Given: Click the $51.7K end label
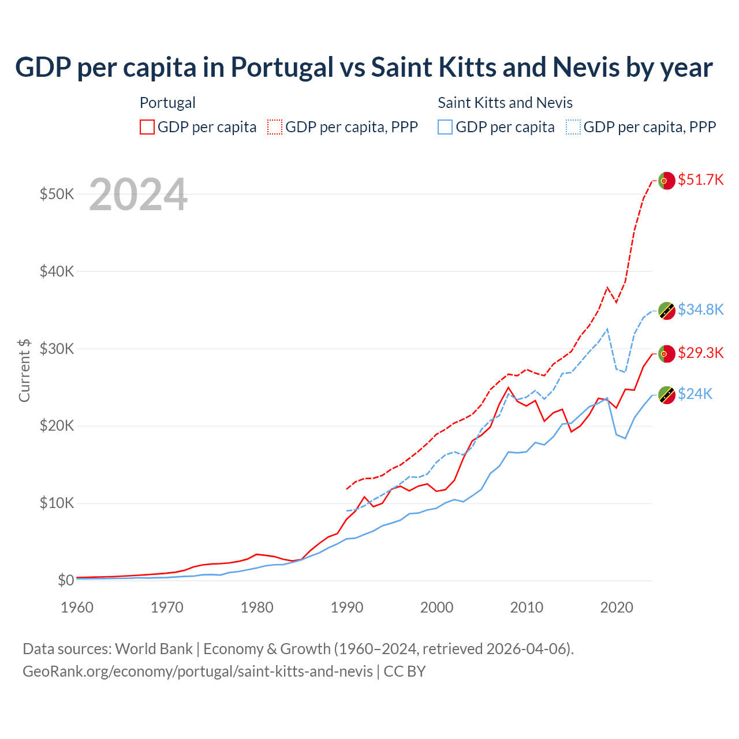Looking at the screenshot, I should pyautogui.click(x=700, y=180).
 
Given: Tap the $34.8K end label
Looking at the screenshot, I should pyautogui.click(x=700, y=309).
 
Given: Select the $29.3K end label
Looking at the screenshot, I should pyautogui.click(x=700, y=353).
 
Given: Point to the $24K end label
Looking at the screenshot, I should pyautogui.click(x=695, y=394).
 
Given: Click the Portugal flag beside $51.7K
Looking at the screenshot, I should pyautogui.click(x=667, y=181).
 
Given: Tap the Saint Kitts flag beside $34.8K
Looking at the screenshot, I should pyautogui.click(x=667, y=311).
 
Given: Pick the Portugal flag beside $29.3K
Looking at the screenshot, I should pyautogui.click(x=667, y=353).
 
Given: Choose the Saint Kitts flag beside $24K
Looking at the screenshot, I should pyautogui.click(x=667, y=395).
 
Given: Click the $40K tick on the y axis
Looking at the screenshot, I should pyautogui.click(x=57, y=271).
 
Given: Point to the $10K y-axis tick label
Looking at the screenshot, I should pyautogui.click(x=57, y=503).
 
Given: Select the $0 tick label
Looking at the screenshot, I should pyautogui.click(x=66, y=580).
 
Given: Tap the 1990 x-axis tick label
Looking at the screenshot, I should pyautogui.click(x=347, y=607).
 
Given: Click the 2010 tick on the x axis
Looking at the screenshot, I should pyautogui.click(x=527, y=607).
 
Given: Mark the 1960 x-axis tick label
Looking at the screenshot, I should pyautogui.click(x=77, y=607).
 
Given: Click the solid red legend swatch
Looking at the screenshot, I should pyautogui.click(x=147, y=127).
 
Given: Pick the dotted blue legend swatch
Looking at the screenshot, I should pyautogui.click(x=573, y=127).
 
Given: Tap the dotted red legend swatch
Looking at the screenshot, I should pyautogui.click(x=275, y=127).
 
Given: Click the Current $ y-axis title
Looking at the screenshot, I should pyautogui.click(x=24, y=370).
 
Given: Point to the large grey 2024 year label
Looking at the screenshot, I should pyautogui.click(x=138, y=195).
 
